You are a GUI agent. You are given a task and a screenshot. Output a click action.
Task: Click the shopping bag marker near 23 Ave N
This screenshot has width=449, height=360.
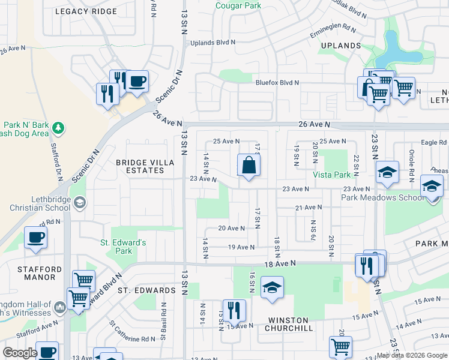click(249, 166)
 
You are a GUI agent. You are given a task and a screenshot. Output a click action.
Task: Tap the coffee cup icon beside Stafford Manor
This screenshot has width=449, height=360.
click(35, 238)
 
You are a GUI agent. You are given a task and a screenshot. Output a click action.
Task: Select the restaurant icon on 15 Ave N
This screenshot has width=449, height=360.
click(234, 310)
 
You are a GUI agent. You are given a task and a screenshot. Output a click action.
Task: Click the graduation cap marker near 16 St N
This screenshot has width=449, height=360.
click(272, 287)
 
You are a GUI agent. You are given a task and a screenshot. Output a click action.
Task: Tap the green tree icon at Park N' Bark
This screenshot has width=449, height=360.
click(58, 128)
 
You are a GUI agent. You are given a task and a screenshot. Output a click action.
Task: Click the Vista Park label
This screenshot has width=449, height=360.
click(331, 175)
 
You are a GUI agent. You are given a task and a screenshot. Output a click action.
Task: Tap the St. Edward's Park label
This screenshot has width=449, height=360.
click(123, 247)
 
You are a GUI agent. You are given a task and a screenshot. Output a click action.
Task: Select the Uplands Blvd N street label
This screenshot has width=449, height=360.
click(213, 43)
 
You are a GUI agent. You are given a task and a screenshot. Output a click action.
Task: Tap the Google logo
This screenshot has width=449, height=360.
click(20, 352)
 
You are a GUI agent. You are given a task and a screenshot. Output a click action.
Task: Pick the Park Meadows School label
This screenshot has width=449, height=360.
click(375, 197)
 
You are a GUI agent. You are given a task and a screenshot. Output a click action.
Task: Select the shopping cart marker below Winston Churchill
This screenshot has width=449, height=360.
click(340, 346)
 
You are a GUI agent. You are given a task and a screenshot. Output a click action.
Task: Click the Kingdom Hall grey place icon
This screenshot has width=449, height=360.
click(59, 308)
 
